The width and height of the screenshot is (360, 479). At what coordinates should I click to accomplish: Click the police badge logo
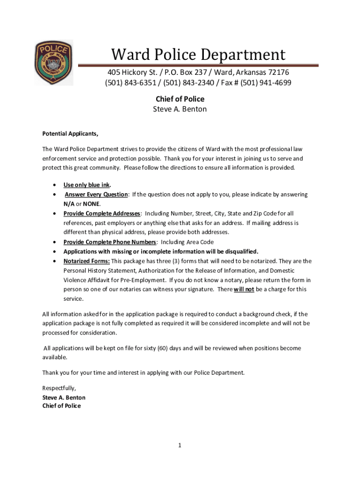(x=53, y=63)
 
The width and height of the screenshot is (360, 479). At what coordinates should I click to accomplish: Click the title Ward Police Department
(x=198, y=55)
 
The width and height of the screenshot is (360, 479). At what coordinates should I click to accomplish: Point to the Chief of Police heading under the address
(x=180, y=99)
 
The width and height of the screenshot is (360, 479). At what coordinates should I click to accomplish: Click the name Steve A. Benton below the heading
(x=180, y=109)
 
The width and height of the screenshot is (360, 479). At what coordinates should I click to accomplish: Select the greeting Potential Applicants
(x=70, y=134)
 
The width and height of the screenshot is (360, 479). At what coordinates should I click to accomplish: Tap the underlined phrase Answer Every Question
(x=96, y=194)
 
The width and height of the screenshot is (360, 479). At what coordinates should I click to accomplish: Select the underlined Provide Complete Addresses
(x=101, y=213)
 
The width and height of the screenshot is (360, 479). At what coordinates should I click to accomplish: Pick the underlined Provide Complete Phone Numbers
(x=109, y=242)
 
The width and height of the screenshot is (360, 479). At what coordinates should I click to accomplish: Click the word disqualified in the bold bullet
(x=237, y=252)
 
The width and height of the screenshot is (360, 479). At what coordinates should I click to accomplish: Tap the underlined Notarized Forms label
(x=86, y=261)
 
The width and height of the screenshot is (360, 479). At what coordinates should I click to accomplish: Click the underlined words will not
(x=244, y=289)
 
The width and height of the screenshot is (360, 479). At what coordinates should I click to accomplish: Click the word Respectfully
(x=59, y=388)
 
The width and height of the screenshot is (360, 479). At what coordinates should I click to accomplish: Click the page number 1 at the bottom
(x=180, y=446)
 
